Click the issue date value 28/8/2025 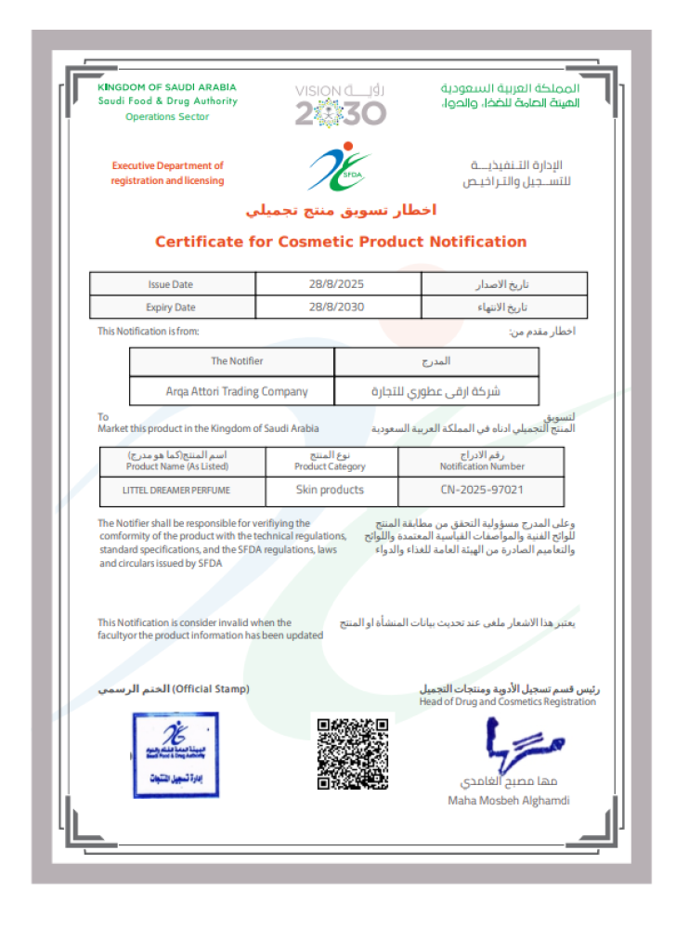coord(337,284)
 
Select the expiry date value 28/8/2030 coord(337,307)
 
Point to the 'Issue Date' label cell coord(171,284)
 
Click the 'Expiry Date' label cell coord(171,307)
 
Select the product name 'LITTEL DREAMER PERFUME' coord(176,490)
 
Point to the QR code coord(353,752)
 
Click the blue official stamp coord(175,754)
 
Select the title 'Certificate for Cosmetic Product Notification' coord(340,242)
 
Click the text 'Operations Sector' coord(167,117)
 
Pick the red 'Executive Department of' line coord(168,165)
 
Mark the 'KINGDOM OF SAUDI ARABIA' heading coord(167,87)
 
